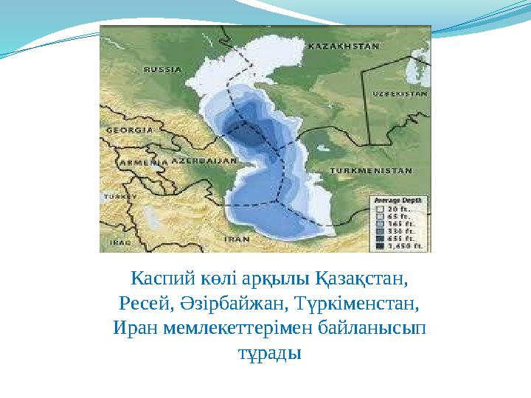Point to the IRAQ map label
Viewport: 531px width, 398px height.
click(119, 242)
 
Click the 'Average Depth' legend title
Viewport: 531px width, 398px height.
click(397, 200)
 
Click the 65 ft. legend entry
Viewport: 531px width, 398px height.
click(401, 216)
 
